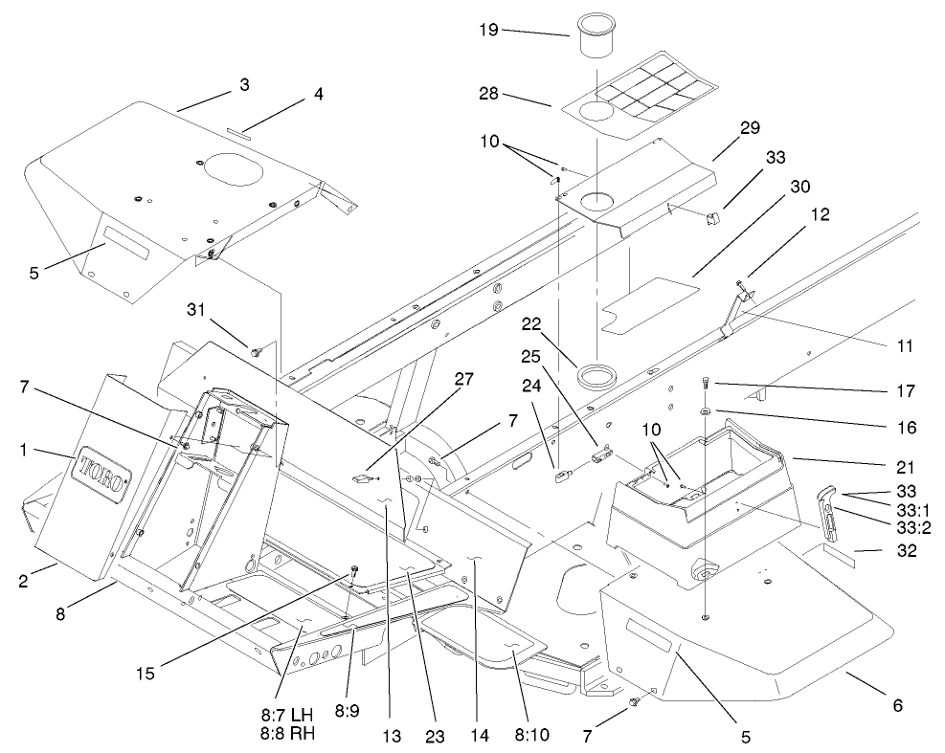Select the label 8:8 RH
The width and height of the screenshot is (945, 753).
[288, 735]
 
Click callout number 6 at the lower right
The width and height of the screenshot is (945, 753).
[896, 705]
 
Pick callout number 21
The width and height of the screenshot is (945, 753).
[903, 467]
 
